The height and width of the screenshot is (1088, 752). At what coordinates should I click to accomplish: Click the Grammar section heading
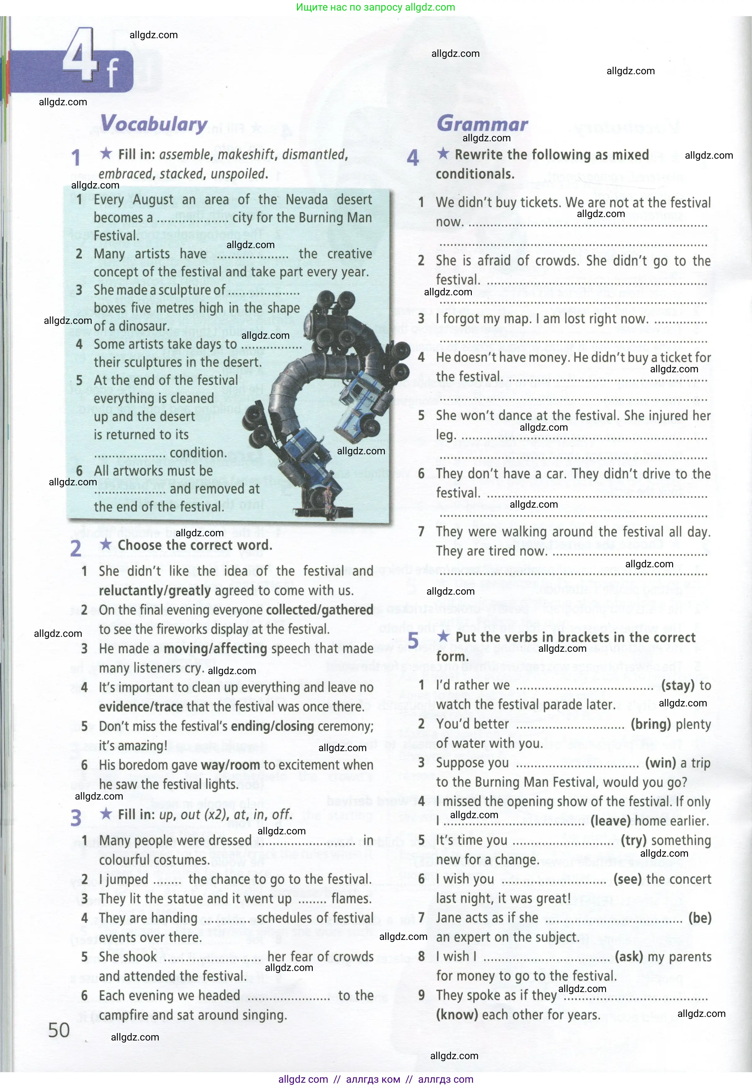482,124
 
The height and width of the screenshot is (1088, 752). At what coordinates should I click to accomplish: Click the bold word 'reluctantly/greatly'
155,591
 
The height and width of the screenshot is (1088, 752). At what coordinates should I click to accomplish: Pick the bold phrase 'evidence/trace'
140,707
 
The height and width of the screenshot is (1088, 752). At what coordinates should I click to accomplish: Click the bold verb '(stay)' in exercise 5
677,685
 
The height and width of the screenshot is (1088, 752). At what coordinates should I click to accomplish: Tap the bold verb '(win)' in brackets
660,763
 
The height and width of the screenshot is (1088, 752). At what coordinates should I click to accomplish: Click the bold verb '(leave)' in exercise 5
610,821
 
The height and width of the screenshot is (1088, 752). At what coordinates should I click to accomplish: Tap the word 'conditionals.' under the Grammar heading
475,174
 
